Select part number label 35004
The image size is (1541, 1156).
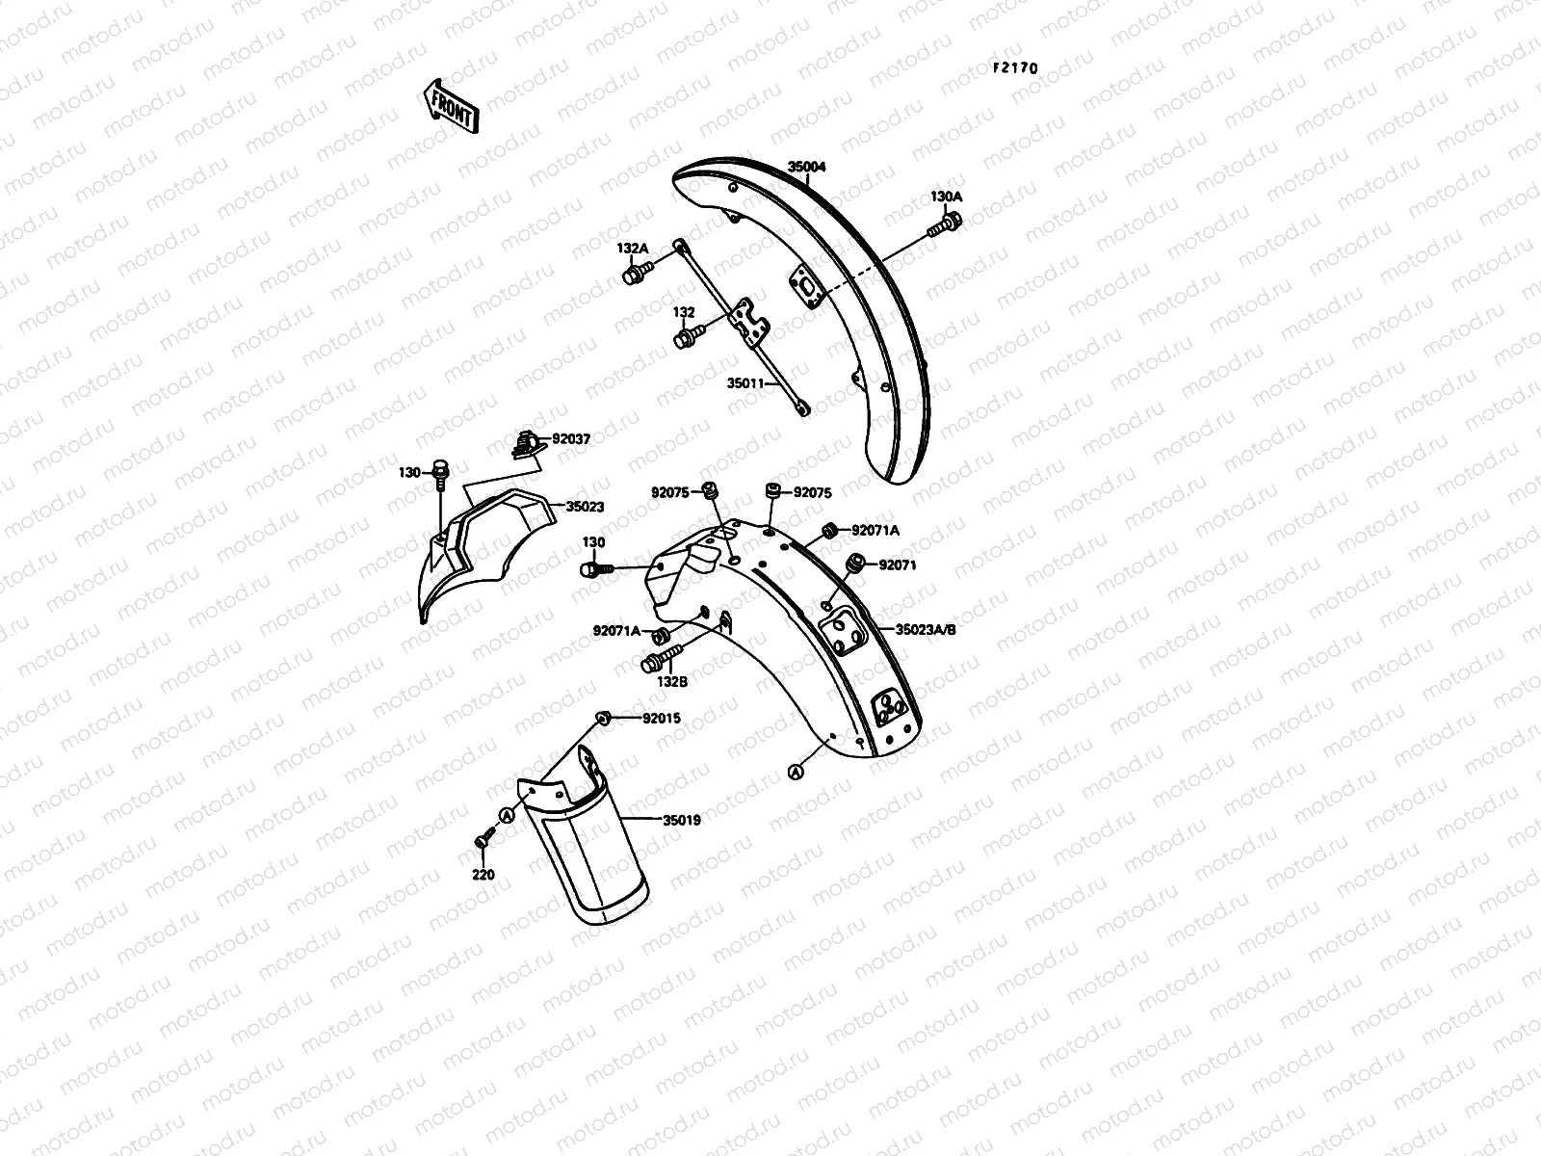(807, 167)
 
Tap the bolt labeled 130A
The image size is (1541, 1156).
(941, 227)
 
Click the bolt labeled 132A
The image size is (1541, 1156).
(633, 276)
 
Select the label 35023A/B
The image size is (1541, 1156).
(926, 629)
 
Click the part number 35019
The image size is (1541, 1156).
(681, 821)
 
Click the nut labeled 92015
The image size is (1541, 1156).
(604, 717)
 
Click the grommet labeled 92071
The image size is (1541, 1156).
(852, 563)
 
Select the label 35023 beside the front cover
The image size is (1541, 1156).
(585, 507)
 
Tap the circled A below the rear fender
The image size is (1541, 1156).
(796, 772)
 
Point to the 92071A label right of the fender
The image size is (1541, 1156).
(875, 530)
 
